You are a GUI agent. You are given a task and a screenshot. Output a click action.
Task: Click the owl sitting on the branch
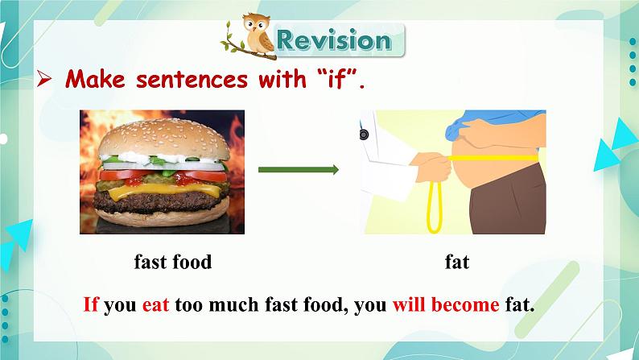coord(258,34)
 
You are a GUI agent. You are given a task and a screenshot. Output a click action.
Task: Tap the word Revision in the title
coord(334,40)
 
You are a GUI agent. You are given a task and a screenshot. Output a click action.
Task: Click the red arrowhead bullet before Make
coord(44,79)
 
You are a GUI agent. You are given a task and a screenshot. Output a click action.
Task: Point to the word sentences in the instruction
coord(192,79)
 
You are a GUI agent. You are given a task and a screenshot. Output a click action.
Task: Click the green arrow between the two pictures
coord(299,170)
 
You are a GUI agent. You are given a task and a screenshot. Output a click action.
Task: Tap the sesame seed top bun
coord(164,139)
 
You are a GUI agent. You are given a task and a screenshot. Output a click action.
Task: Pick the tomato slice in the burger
coord(163,176)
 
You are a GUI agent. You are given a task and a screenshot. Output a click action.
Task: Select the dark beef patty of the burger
coord(161,203)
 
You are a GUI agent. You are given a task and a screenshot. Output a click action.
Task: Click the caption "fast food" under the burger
coord(173,262)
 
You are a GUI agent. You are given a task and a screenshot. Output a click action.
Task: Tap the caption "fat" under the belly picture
coord(457,262)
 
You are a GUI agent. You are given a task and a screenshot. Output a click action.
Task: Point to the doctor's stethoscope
coord(364,134)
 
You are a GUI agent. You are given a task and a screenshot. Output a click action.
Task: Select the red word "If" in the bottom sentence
coord(91,304)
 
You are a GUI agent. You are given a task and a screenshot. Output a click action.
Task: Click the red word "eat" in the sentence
coord(155,305)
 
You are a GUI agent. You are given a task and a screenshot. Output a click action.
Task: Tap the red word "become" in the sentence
coord(465,304)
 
